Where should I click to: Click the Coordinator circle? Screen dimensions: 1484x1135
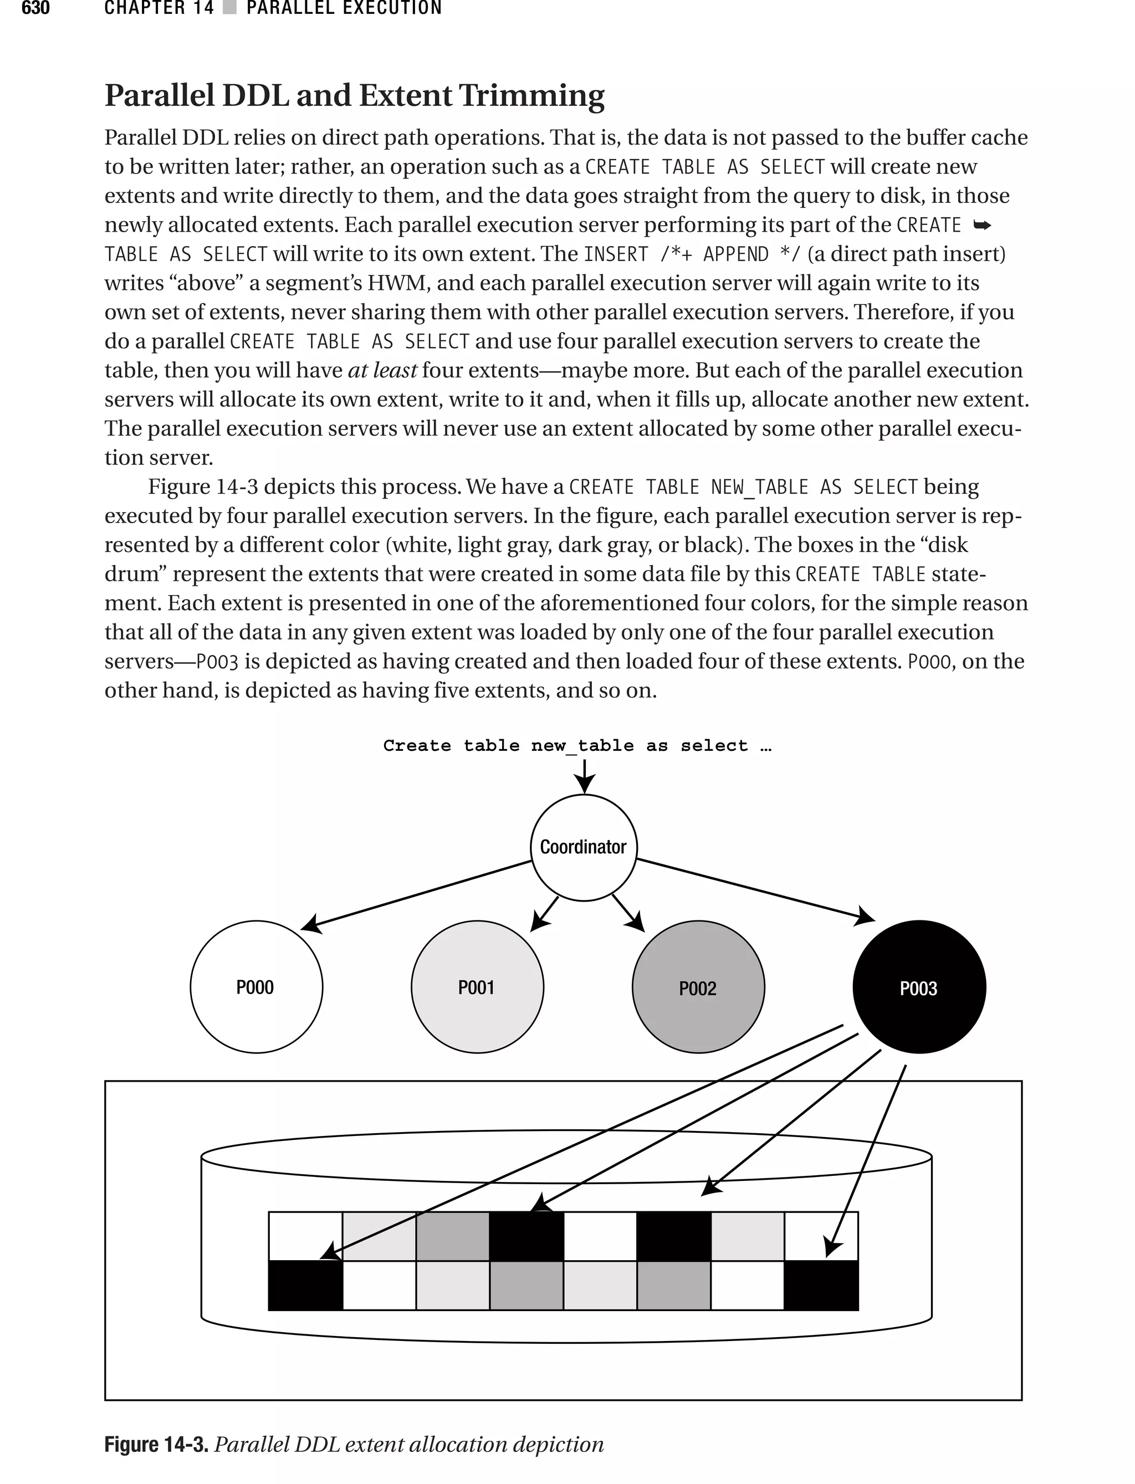584,847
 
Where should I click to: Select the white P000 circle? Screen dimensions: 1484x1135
256,987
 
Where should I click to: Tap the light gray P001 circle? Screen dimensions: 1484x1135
477,987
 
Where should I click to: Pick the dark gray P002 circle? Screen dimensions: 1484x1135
698,987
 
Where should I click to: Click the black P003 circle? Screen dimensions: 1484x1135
919,987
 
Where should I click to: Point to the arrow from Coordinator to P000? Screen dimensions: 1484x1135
416,895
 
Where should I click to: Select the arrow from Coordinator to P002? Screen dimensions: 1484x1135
627,913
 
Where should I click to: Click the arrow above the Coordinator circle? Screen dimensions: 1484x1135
584,775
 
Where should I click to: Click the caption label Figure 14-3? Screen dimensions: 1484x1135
156,1444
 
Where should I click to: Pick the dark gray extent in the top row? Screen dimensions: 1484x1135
453,1236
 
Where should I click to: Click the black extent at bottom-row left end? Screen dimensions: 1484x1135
305,1286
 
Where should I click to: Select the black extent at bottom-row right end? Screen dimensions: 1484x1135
821,1286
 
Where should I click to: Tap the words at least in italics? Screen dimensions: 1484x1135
382,371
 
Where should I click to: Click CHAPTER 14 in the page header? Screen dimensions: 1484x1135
159,8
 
